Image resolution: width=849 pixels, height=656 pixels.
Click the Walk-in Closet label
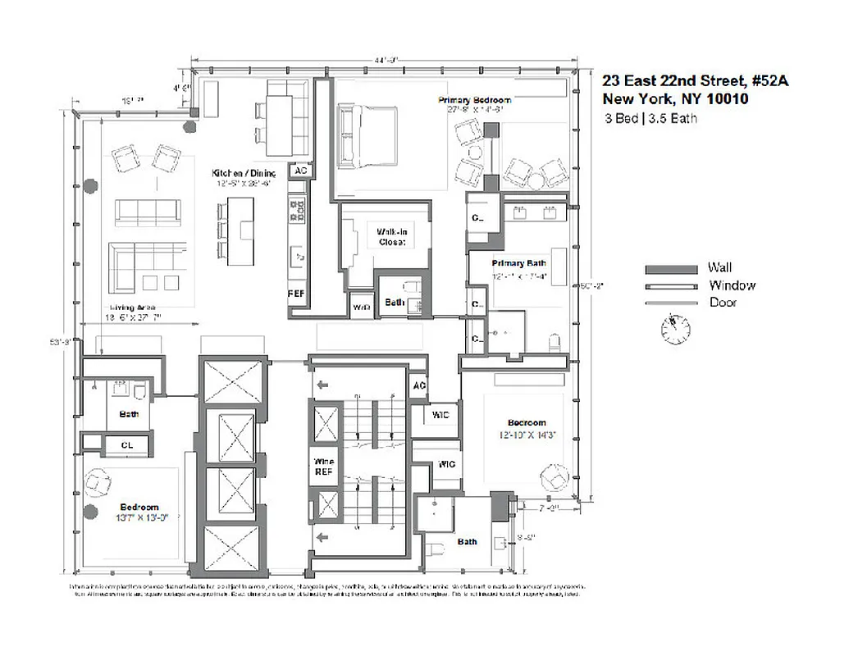(x=391, y=237)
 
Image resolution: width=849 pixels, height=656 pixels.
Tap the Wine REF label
(x=323, y=467)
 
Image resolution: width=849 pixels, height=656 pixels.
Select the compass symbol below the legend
(x=675, y=329)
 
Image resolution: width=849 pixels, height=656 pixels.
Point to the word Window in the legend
(x=732, y=285)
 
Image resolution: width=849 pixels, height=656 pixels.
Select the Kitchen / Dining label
(x=243, y=173)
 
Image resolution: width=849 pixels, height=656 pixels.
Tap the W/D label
(x=360, y=307)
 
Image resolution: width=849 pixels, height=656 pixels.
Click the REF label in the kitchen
(x=296, y=294)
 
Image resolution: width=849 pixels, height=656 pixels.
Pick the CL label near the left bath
(x=127, y=445)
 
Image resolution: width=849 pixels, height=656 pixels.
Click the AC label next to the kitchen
(x=300, y=171)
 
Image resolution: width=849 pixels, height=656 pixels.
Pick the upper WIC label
(x=440, y=416)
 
